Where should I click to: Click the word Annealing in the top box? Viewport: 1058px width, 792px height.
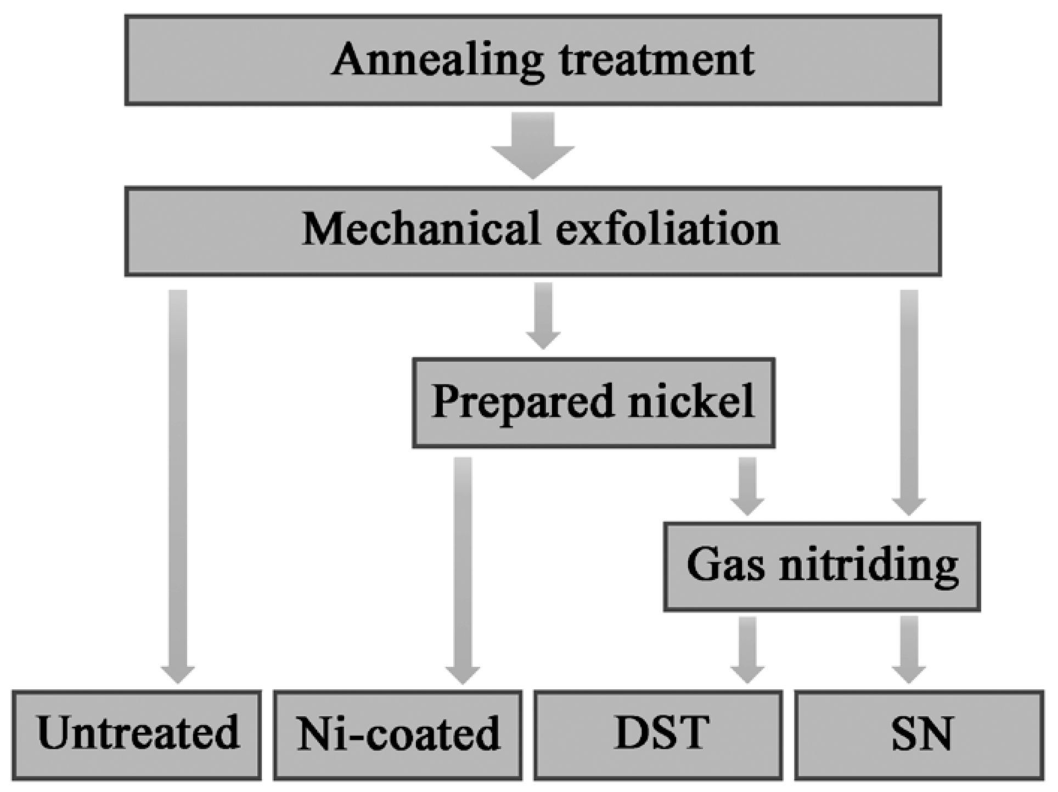[438, 60]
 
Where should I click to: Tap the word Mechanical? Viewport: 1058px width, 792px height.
[421, 229]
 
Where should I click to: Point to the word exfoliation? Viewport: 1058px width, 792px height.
[667, 229]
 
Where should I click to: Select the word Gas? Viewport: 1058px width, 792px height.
[725, 565]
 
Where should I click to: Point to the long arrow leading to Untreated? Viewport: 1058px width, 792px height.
[178, 483]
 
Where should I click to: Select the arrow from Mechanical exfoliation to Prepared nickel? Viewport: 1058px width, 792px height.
[543, 316]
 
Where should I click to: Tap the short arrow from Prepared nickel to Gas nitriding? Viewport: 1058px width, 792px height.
[747, 485]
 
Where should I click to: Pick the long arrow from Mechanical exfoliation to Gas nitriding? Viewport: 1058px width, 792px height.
[909, 401]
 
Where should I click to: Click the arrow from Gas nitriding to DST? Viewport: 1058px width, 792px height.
[747, 649]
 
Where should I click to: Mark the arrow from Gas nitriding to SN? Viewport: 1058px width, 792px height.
[909, 649]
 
